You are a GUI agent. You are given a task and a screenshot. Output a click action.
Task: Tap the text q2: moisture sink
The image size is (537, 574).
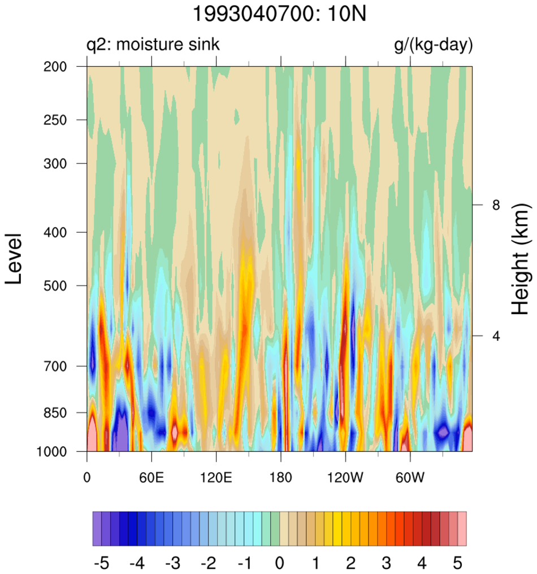[153, 45]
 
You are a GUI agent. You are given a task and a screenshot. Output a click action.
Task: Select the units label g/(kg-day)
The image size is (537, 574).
[433, 45]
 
